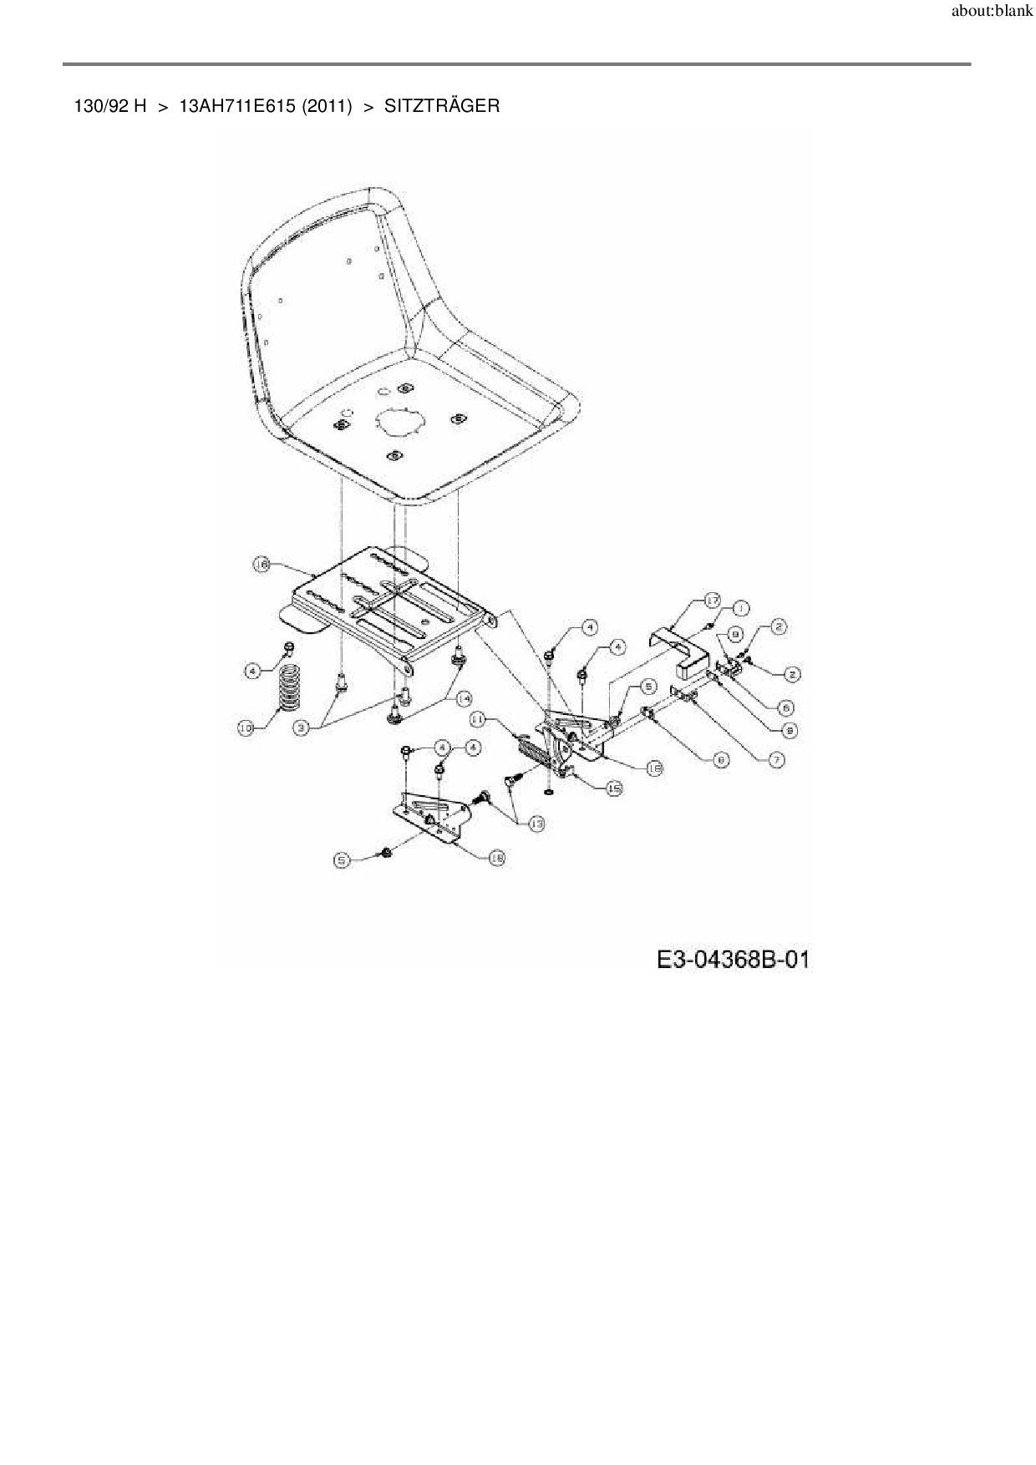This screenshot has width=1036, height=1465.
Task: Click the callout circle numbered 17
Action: point(711,601)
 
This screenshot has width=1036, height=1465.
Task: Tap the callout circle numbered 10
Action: point(246,729)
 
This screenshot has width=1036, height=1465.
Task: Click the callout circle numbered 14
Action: point(462,697)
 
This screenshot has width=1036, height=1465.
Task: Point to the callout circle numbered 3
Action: point(303,728)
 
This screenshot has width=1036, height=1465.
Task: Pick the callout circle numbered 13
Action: point(536,824)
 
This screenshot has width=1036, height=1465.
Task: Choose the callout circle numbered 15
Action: point(614,788)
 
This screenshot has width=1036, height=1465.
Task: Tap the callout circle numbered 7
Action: point(777,760)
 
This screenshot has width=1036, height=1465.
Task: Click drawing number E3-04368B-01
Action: point(733,960)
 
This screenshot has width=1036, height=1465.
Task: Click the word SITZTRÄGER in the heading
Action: point(442,106)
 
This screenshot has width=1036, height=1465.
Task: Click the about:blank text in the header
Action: point(992,13)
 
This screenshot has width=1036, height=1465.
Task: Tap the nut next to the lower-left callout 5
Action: point(386,852)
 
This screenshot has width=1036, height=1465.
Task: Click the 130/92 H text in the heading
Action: point(110,106)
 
